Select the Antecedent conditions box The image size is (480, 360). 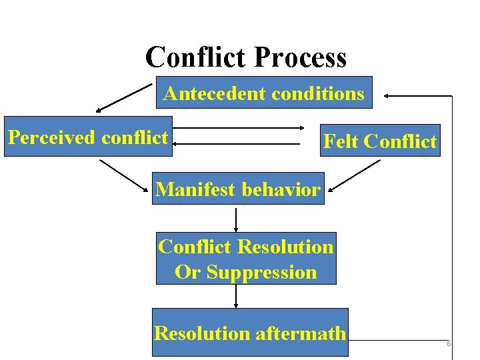pyautogui.click(x=264, y=93)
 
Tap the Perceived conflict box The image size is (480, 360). pyautogui.click(x=88, y=137)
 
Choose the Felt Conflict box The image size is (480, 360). pyautogui.click(x=380, y=141)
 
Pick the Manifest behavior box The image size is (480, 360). pyautogui.click(x=238, y=189)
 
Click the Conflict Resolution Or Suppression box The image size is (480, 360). pyautogui.click(x=246, y=259)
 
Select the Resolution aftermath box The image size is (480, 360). pyautogui.click(x=250, y=332)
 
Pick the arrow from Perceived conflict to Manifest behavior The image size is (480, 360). pyautogui.click(x=124, y=175)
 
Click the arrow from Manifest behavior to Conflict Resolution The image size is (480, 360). pyautogui.click(x=236, y=219)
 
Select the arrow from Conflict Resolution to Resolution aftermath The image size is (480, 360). pyautogui.click(x=236, y=296)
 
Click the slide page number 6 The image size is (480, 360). pyautogui.click(x=449, y=343)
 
